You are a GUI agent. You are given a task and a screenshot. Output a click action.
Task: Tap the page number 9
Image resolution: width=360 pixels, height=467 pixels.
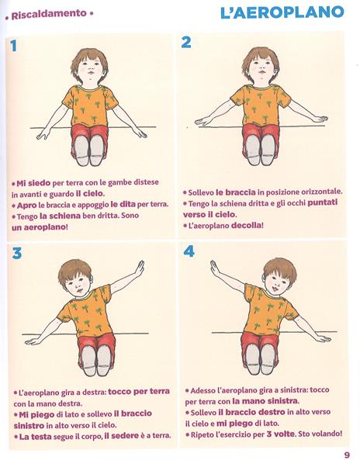[x=347, y=455]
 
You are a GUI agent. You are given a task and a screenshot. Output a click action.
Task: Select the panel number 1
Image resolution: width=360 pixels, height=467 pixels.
[x=13, y=45]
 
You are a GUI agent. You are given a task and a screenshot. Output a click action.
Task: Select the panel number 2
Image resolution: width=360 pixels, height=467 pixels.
[x=186, y=43]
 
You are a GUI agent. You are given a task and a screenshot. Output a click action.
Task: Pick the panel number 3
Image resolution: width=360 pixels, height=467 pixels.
[x=16, y=253]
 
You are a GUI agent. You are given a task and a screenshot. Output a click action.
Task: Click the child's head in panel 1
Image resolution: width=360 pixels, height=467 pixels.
[x=90, y=67]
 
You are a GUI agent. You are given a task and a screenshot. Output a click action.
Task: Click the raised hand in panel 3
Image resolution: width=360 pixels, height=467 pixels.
[x=139, y=268]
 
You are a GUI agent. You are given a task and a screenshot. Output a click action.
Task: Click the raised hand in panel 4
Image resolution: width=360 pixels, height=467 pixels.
[x=214, y=268]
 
